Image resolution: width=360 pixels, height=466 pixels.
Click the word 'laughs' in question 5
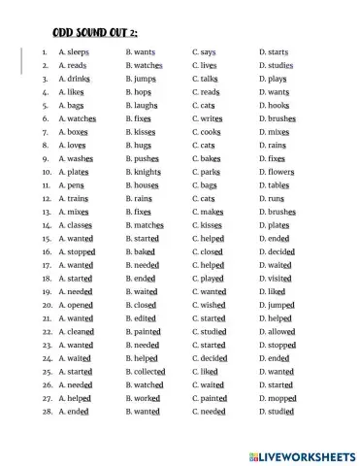point(145,104)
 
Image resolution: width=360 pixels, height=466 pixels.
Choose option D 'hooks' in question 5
point(278,104)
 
